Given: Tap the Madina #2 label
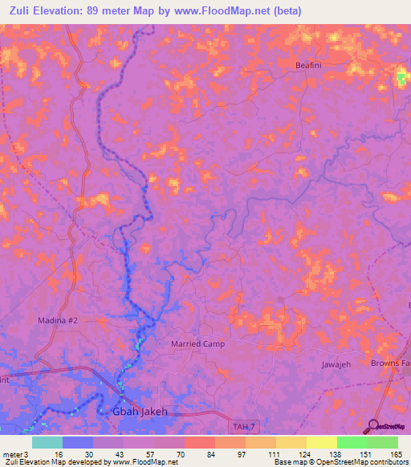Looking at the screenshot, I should click(58, 320).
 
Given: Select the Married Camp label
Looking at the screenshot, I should click(198, 343).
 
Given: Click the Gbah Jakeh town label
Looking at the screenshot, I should click(137, 412).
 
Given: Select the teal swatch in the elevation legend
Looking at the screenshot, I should click(47, 442).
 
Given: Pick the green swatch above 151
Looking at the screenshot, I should click(352, 442).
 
